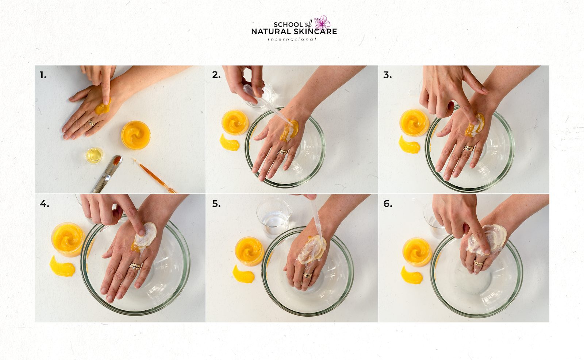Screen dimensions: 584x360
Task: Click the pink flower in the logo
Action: [322, 22]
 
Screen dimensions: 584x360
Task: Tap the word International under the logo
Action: [292, 39]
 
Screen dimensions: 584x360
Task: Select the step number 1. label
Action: [43, 75]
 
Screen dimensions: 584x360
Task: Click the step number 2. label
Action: [216, 75]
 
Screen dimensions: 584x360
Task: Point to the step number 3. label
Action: [387, 75]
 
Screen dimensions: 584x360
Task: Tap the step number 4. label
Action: [44, 204]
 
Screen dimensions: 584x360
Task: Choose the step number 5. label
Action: [216, 204]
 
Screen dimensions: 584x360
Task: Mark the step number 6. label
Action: [387, 204]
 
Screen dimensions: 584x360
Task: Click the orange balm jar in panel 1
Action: [135, 135]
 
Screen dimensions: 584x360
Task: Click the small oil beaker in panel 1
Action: [94, 155]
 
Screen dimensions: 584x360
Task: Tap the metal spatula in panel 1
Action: [107, 174]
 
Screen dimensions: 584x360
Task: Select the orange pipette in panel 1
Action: [154, 175]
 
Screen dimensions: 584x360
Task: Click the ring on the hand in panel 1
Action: [91, 123]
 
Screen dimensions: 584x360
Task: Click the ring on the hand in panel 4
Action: [135, 266]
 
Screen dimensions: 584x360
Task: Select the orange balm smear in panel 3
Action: [409, 144]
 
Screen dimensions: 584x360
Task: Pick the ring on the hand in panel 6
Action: [479, 263]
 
